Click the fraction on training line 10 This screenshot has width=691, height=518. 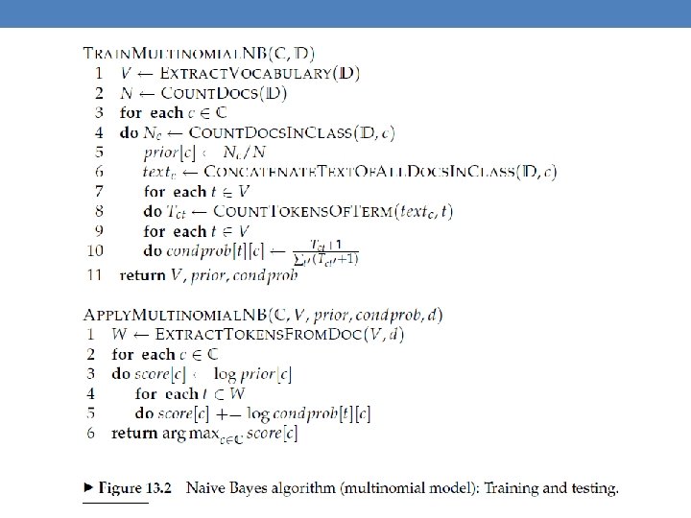click(326, 252)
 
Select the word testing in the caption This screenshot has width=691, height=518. click(592, 488)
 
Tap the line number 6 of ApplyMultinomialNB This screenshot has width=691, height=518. click(92, 433)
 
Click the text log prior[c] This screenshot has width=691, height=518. click(265, 373)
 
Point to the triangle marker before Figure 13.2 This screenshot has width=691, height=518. click(84, 488)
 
